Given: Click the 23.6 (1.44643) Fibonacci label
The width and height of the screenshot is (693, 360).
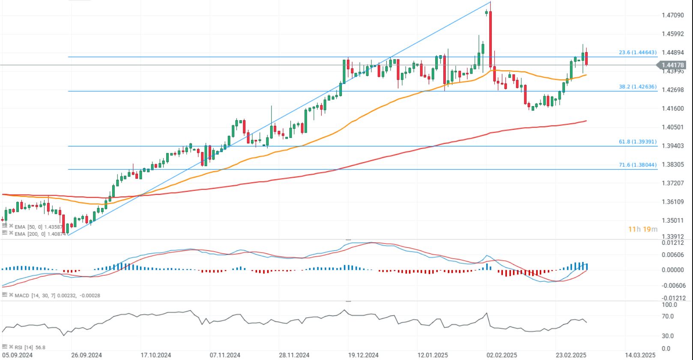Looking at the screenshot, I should pos(637,53).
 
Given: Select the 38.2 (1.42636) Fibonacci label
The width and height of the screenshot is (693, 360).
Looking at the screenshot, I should pos(637,86).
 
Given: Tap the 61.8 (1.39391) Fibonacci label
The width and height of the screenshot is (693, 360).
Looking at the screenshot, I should pos(637,142).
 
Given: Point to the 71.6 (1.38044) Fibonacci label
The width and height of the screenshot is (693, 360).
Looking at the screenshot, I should pos(637,165).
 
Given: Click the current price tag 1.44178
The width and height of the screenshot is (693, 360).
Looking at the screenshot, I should pos(673,65).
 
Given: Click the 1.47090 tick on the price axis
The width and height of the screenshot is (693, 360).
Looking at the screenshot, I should pos(672,15).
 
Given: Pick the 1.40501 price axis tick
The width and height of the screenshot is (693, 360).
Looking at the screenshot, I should pos(672,127).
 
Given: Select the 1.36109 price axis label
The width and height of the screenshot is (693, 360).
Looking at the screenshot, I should pos(672,202).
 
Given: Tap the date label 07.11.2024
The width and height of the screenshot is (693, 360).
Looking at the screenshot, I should pos(225,355).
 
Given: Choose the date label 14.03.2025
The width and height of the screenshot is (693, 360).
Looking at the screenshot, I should pos(640,355).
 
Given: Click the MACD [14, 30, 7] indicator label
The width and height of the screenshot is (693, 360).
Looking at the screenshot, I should pos(56,295).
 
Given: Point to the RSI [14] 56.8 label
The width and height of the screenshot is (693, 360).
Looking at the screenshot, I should pos(30,347).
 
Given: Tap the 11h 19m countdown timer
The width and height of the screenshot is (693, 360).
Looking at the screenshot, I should pos(642,229).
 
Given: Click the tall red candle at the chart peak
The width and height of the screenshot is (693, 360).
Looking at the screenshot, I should pos(490,39).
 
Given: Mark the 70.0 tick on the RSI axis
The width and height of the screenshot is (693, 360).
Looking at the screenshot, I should pos(668,316).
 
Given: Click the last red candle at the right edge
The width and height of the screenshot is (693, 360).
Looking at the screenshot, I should pos(586,59).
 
